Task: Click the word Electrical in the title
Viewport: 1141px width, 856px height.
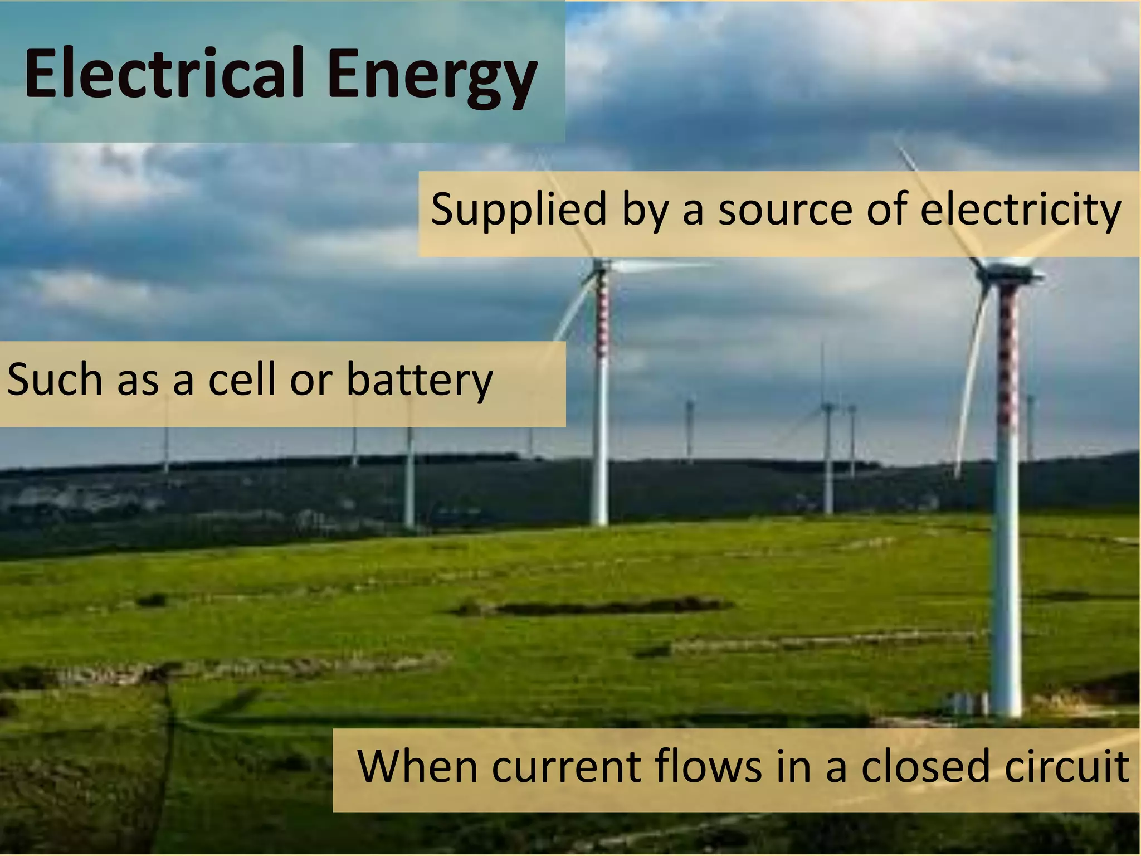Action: coord(164,74)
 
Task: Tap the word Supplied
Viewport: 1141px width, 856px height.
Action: coord(519,210)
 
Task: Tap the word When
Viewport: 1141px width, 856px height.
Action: coord(418,767)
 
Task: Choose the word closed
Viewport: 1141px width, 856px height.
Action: coord(928,767)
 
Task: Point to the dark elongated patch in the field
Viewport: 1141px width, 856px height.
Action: coord(602,606)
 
